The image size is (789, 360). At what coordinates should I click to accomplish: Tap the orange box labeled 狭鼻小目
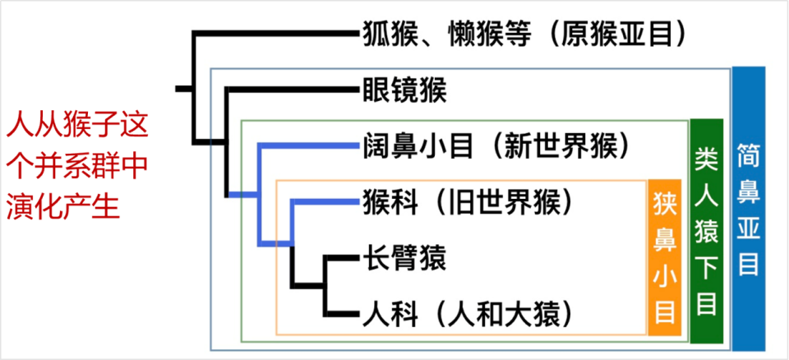(665, 257)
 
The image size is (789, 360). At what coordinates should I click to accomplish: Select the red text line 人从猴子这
(77, 127)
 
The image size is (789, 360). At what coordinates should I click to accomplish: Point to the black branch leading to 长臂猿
(341, 259)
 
